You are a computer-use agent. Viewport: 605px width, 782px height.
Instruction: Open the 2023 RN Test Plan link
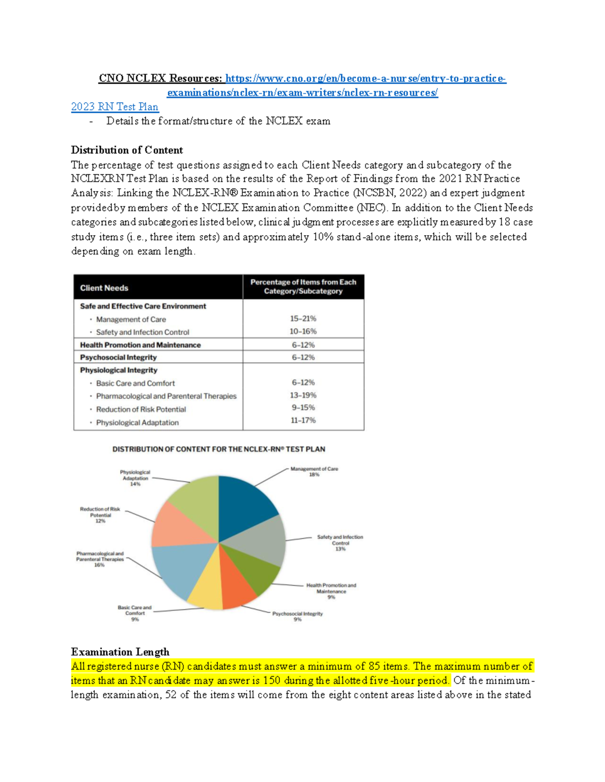click(114, 107)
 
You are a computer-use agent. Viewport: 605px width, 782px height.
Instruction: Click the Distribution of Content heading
click(127, 150)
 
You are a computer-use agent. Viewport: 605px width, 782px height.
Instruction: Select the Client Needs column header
click(104, 288)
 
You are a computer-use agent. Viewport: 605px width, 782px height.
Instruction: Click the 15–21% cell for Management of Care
click(303, 319)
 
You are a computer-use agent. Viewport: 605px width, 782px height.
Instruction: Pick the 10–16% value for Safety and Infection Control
click(303, 331)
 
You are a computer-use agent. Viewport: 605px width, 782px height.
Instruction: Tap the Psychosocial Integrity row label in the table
click(118, 358)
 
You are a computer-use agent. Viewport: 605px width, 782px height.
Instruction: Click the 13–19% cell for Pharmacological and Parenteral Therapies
click(303, 395)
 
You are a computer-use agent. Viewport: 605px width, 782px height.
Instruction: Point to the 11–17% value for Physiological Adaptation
click(303, 420)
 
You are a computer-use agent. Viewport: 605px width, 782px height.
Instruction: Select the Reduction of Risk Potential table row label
click(141, 409)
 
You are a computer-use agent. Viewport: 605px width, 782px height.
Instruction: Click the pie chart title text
click(218, 449)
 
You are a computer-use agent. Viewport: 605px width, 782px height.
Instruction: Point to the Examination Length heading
click(120, 652)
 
